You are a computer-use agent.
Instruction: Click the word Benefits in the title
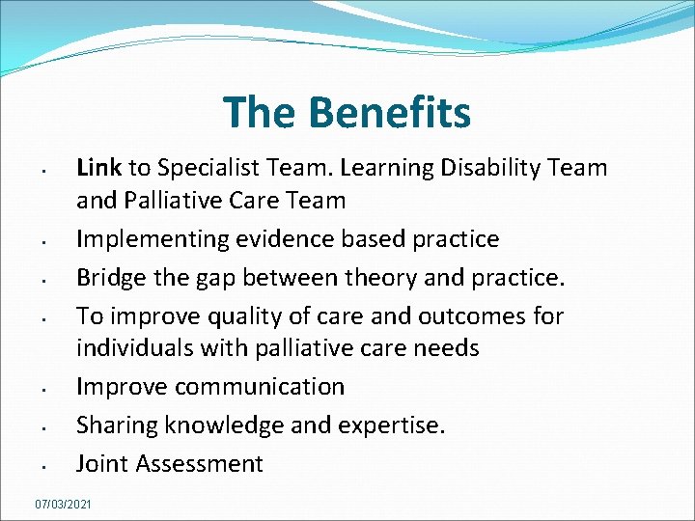390,112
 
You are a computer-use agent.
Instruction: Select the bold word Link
98,168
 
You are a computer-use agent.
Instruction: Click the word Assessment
200,464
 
